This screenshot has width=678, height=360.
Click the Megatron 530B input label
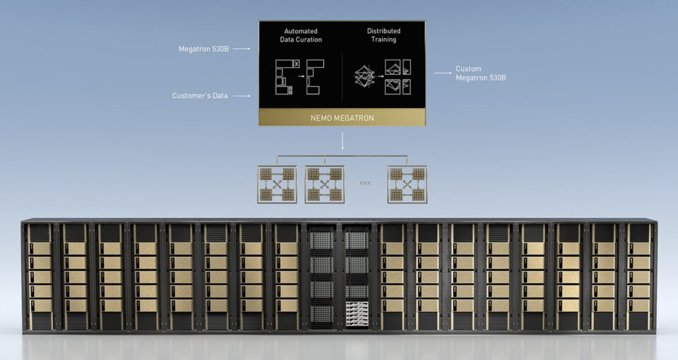coord(203,49)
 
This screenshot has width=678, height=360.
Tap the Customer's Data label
coord(200,95)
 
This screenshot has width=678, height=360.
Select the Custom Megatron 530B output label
coord(480,73)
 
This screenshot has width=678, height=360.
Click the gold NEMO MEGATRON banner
coord(342,118)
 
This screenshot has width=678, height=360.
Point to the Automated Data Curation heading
coord(301,35)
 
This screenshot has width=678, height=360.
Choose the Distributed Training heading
coord(383,35)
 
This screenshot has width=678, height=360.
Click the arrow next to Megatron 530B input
coord(242,49)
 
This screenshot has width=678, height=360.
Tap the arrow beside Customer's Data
coord(242,95)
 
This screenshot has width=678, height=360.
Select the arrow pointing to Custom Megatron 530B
coord(444,73)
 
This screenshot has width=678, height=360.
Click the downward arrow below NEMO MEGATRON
coord(343,141)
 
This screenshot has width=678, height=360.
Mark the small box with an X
coord(296,64)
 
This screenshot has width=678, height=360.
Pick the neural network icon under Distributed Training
coord(364,76)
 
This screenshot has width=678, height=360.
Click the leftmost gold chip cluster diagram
coord(277,184)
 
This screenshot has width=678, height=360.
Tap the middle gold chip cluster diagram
coord(325,184)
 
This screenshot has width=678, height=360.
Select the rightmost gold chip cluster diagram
coord(408,184)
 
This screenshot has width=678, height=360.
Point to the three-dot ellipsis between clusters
coord(365,183)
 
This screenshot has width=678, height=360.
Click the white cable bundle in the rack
coord(357,314)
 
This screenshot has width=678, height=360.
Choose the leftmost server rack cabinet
coord(40,277)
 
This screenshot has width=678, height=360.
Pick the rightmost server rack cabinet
coord(638,277)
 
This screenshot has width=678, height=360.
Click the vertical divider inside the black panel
coord(343,78)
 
